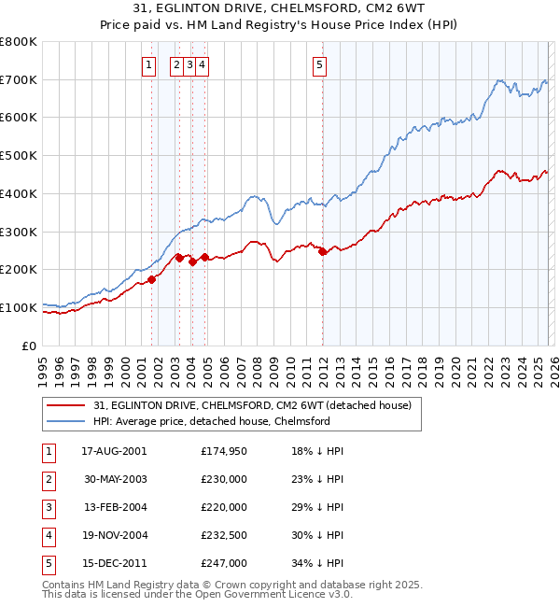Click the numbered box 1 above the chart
click(148, 64)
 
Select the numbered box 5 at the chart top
click(319, 64)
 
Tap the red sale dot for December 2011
click(322, 251)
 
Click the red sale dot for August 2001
click(151, 278)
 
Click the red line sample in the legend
click(66, 405)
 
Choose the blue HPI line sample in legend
click(66, 421)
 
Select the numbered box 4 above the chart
click(202, 64)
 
